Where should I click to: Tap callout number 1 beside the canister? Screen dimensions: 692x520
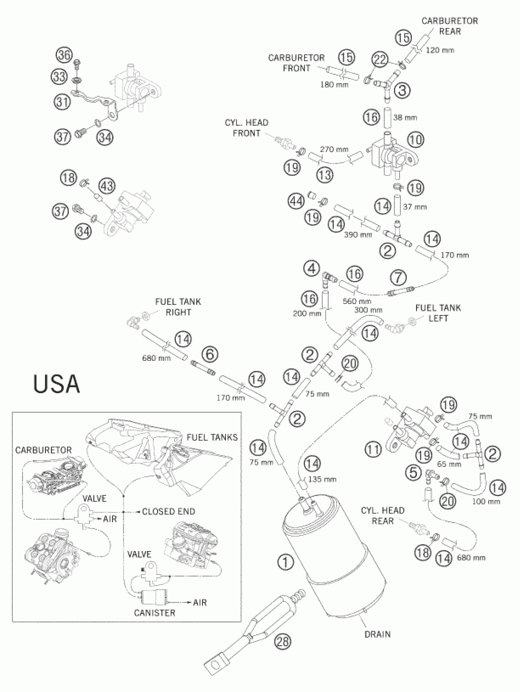[x=285, y=562]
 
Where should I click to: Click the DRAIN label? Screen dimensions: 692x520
[x=378, y=634]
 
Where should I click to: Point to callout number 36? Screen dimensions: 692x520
[x=64, y=55]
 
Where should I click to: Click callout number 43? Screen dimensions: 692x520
[x=107, y=186]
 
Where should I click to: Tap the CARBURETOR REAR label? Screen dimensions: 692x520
[x=450, y=26]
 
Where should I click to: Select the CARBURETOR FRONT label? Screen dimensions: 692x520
[x=296, y=63]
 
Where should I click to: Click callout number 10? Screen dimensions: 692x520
[x=416, y=139]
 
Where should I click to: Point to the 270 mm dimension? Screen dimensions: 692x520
[x=334, y=150]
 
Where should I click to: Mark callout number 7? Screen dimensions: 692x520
[x=399, y=277]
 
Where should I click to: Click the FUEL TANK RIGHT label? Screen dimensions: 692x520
[x=178, y=307]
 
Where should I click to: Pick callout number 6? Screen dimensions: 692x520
[x=210, y=354]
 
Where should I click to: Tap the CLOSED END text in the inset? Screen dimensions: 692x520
[x=168, y=512]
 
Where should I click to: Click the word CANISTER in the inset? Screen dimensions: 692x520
[x=154, y=613]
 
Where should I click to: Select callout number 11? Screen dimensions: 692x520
[x=373, y=450]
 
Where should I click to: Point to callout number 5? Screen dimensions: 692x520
[x=413, y=472]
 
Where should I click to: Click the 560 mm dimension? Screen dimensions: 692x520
[x=357, y=301]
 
